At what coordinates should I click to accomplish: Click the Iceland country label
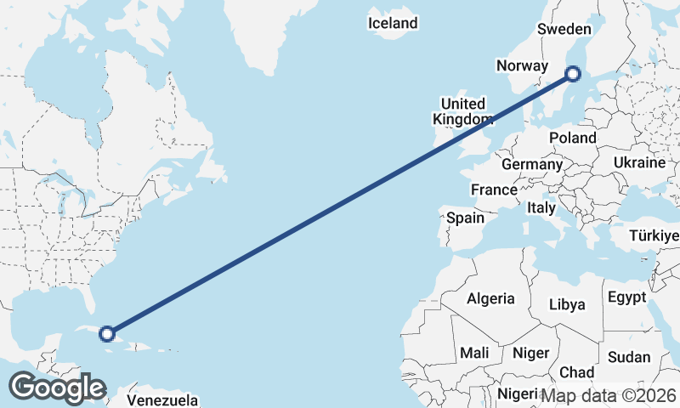click(393, 23)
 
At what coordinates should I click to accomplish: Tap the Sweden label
click(564, 29)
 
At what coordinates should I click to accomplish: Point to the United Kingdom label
click(463, 110)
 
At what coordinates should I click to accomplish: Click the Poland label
click(573, 138)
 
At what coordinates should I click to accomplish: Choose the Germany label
click(532, 164)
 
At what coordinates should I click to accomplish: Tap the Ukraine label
click(638, 161)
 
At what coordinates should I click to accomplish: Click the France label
click(494, 190)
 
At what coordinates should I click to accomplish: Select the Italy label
click(541, 207)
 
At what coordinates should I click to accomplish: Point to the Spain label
click(466, 218)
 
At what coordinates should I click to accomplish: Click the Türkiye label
click(654, 235)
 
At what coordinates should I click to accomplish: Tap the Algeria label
click(490, 298)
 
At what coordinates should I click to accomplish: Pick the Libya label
click(567, 303)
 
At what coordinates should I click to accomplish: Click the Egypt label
click(626, 297)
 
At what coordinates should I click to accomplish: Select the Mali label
click(473, 352)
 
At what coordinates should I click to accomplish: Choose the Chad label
click(577, 372)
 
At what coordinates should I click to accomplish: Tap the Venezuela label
click(162, 400)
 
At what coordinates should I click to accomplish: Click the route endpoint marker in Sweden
click(574, 74)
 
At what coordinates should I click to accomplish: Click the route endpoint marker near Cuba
click(107, 333)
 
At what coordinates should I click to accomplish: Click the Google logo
click(57, 388)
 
